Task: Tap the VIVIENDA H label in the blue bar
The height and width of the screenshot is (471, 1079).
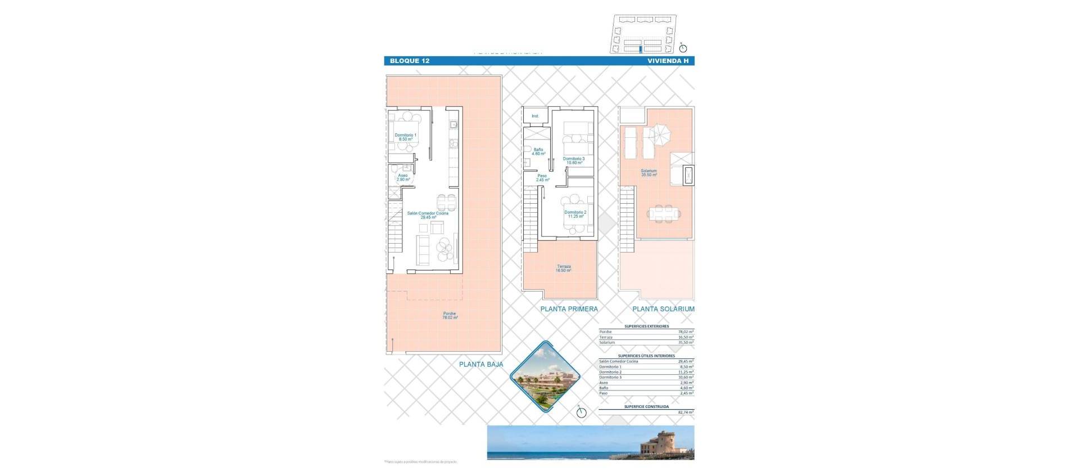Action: click(668, 61)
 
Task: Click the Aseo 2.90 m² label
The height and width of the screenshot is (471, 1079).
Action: click(403, 177)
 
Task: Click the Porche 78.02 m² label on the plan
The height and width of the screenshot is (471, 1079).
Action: click(450, 316)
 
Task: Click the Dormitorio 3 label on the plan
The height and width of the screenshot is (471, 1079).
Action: click(574, 160)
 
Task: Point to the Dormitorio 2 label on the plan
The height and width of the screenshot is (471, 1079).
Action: click(575, 214)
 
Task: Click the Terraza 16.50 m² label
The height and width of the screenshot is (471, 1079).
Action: click(564, 268)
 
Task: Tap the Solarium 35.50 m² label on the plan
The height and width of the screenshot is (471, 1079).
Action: click(649, 173)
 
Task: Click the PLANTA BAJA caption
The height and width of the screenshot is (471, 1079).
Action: click(481, 364)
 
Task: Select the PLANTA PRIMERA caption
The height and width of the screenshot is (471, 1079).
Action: click(569, 309)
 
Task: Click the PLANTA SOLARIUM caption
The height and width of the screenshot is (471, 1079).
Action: click(663, 309)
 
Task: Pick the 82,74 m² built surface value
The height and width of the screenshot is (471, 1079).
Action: click(686, 412)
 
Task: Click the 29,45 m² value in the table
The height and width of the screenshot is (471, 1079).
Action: click(686, 361)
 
